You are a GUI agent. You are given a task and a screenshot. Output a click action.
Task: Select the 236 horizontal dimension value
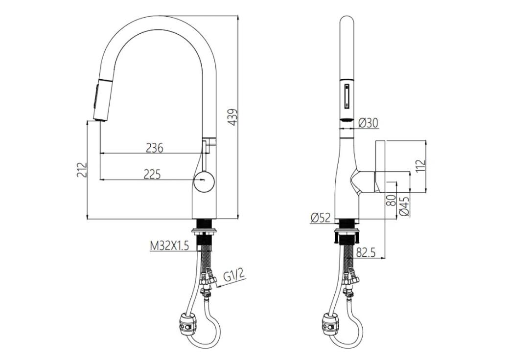(x=154, y=147)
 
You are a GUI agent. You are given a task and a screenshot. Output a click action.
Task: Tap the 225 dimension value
(x=152, y=174)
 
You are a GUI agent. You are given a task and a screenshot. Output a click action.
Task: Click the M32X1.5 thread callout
(x=169, y=246)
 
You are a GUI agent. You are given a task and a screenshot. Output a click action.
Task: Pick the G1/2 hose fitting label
(x=233, y=276)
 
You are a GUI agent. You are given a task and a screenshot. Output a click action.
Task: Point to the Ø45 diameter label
(x=404, y=205)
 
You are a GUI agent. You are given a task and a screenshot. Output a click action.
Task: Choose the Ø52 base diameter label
(x=321, y=218)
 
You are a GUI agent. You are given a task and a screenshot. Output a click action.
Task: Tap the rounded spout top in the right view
(x=347, y=24)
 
